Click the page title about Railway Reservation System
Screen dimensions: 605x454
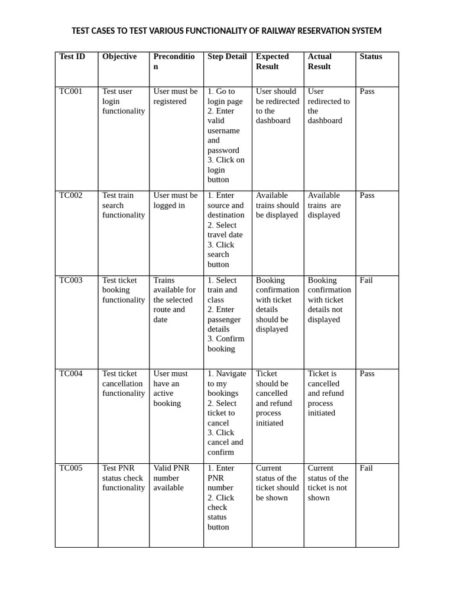tap(226, 31)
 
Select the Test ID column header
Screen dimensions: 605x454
tap(72, 57)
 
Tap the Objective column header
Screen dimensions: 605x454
tap(119, 57)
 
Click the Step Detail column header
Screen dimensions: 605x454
tap(227, 57)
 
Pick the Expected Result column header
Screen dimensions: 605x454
tap(273, 61)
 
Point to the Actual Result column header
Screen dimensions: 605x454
tap(320, 61)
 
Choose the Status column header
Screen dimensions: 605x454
tap(371, 57)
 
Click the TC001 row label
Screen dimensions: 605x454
tap(71, 92)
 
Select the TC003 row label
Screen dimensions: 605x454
tap(71, 281)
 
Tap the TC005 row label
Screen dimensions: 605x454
tap(71, 469)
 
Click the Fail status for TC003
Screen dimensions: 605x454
tap(366, 281)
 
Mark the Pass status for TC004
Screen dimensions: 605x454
tap(367, 374)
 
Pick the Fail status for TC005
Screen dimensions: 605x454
tap(366, 469)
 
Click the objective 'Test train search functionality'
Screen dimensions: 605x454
tap(123, 205)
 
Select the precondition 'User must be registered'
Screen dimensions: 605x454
tap(175, 96)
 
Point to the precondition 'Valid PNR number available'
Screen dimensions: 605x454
tap(171, 478)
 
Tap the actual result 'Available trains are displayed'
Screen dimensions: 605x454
tap(324, 205)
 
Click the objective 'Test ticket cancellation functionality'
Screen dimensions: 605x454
tap(123, 383)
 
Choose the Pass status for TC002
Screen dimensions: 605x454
tap(367, 196)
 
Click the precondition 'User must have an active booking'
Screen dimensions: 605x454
tap(170, 388)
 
